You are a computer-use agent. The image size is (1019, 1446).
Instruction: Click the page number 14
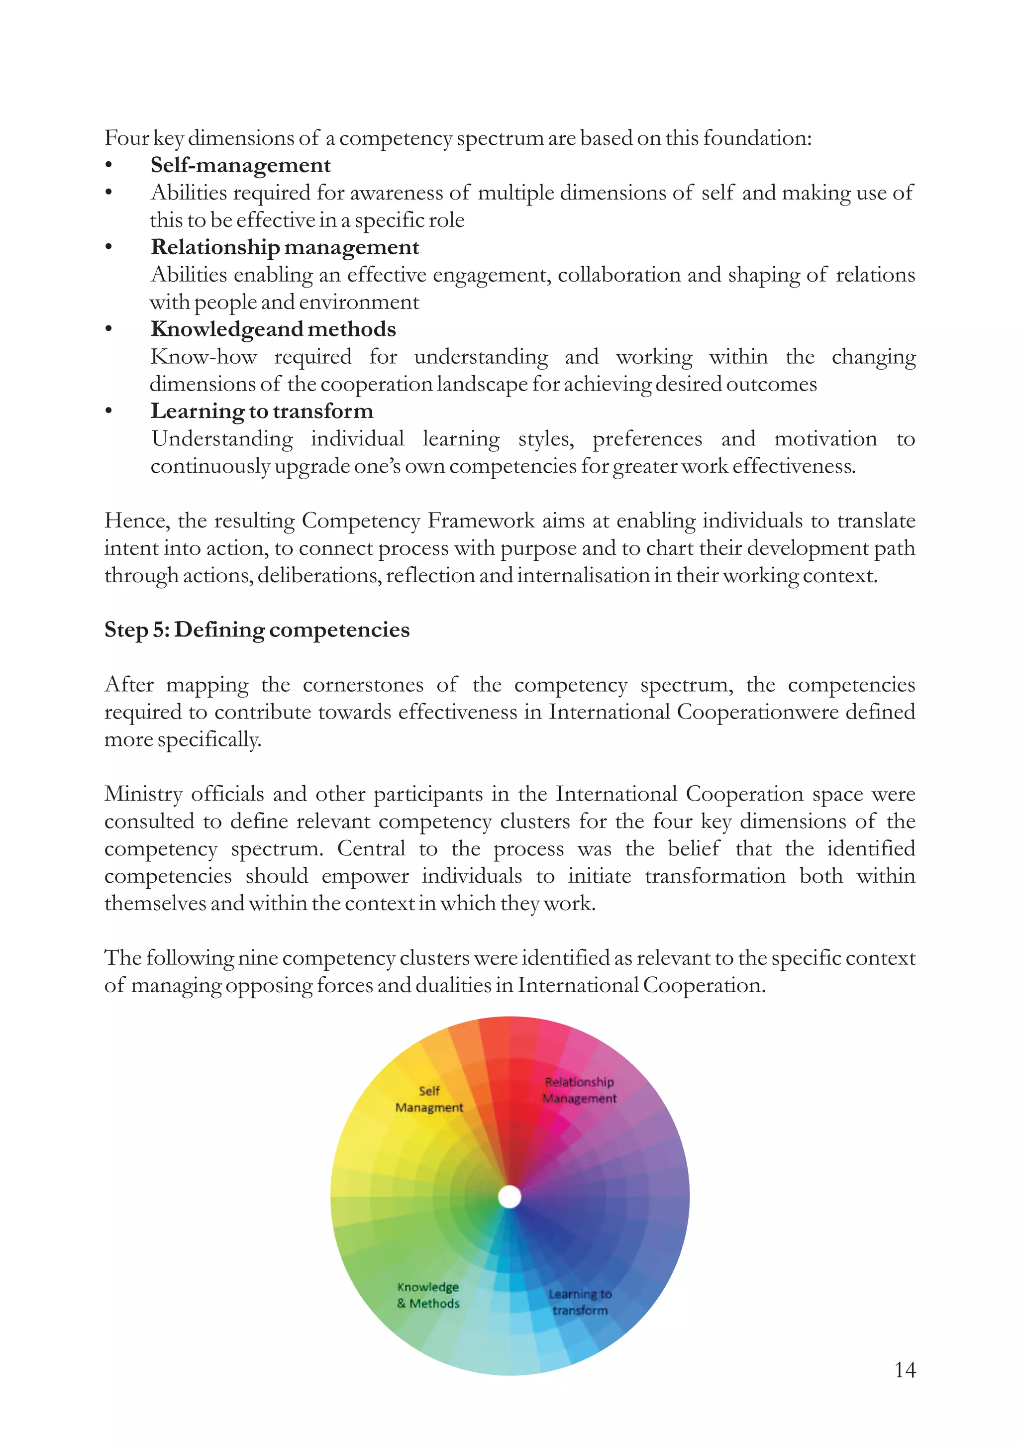905,1370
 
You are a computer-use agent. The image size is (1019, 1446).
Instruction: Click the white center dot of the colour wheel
509,1197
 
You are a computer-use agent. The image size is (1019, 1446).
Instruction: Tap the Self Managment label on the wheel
429,1099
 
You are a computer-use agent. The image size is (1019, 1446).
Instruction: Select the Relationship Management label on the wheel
579,1090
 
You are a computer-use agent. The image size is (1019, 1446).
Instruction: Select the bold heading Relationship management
285,247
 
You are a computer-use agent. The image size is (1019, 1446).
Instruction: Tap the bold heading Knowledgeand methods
273,329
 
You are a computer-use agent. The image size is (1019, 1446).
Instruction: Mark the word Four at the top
126,138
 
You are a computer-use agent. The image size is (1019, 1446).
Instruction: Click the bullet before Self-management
109,166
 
